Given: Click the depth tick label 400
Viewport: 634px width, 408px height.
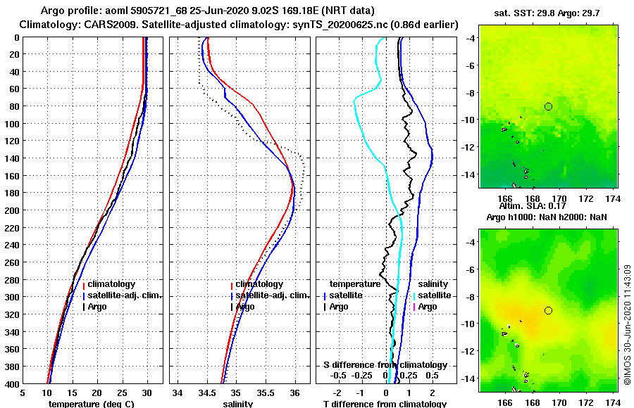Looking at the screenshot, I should coord(12,383).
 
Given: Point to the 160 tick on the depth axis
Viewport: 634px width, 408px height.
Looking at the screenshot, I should coord(12,175).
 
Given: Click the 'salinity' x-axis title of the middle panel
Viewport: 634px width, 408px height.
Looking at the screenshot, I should coord(237,404).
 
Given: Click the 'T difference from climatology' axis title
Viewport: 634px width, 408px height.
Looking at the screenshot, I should coord(384,404).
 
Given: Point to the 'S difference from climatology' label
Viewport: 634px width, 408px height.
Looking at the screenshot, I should coord(385,365).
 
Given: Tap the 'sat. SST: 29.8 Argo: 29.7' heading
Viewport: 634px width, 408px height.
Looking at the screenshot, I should coord(547,13).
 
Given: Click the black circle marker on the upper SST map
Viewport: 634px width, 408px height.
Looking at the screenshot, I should coord(548,106).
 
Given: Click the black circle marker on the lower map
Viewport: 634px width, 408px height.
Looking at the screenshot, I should coord(548,310).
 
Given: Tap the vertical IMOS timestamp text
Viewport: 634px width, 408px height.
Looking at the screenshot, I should coord(627,324).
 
